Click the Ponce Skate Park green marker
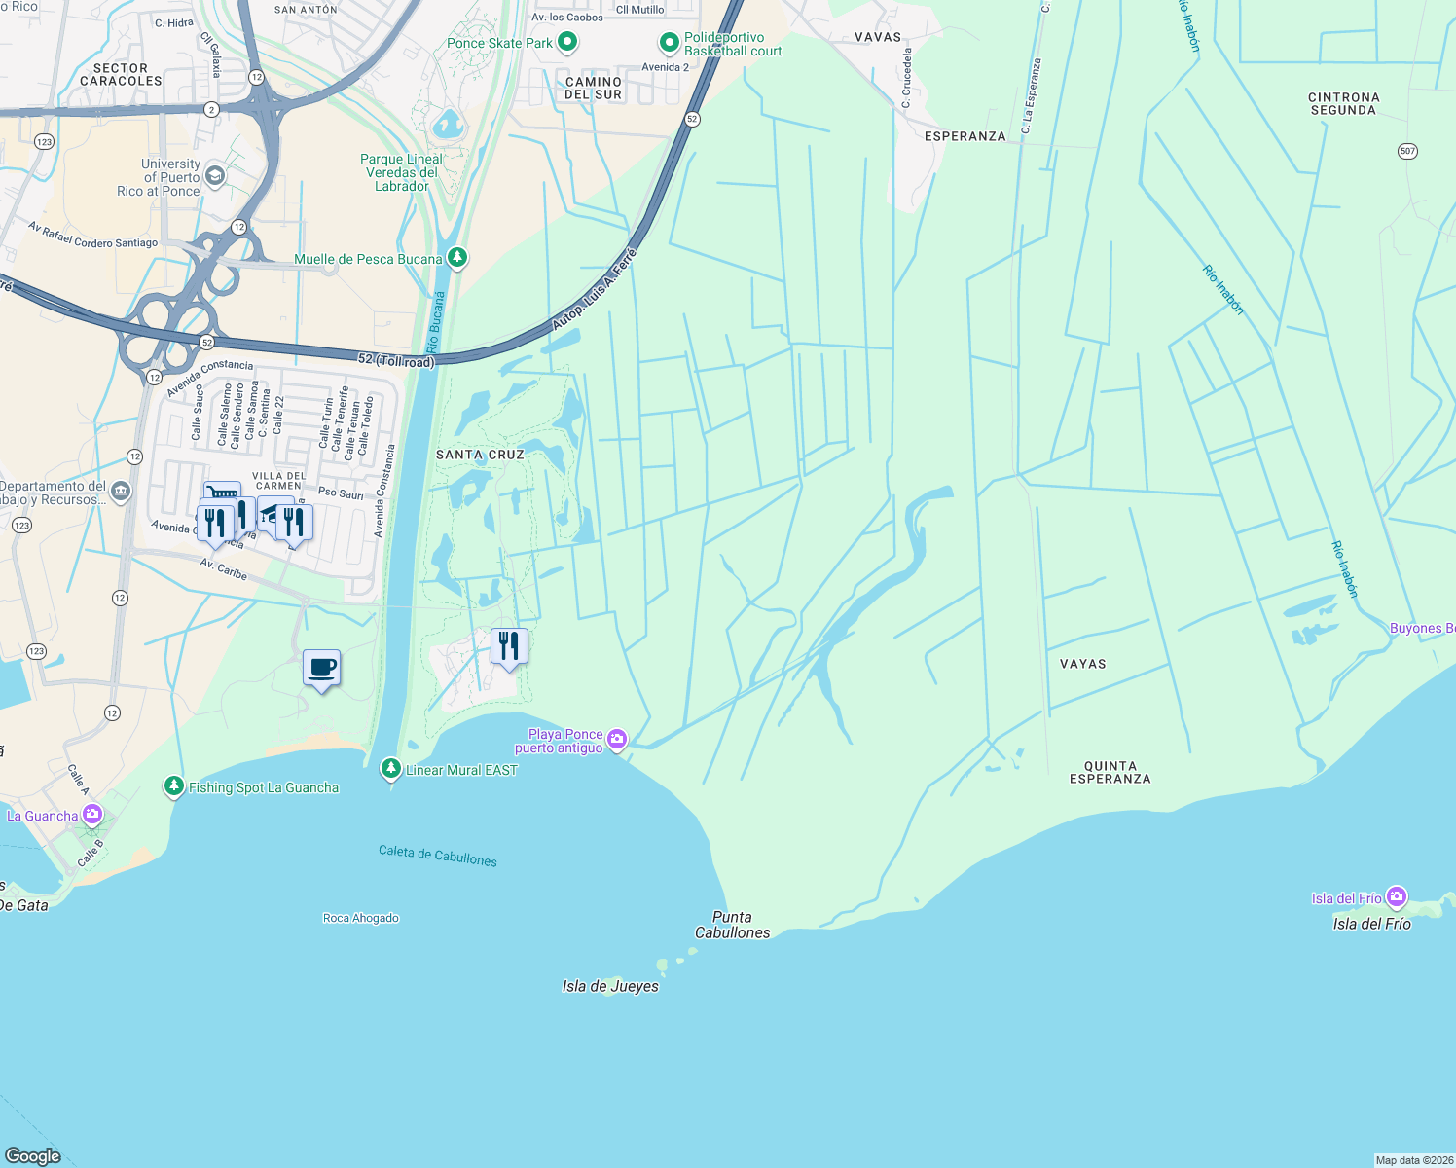click(567, 43)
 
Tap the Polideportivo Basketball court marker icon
click(669, 43)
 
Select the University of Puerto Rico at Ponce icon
click(215, 176)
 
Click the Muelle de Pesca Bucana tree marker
click(457, 258)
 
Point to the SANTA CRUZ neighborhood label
click(480, 455)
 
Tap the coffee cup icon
click(321, 668)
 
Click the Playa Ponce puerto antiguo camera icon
click(617, 741)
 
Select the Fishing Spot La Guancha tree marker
click(174, 785)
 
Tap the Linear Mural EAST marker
click(390, 769)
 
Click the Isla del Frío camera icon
click(1397, 896)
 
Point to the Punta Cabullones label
click(732, 925)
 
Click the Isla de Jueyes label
click(610, 986)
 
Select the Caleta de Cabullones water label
click(438, 855)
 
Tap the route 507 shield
click(1407, 151)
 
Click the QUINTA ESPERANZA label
click(1110, 772)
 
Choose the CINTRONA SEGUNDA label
click(1343, 104)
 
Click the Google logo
click(32, 1155)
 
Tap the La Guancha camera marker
click(92, 814)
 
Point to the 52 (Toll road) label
click(395, 360)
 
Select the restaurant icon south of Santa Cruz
click(509, 646)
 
